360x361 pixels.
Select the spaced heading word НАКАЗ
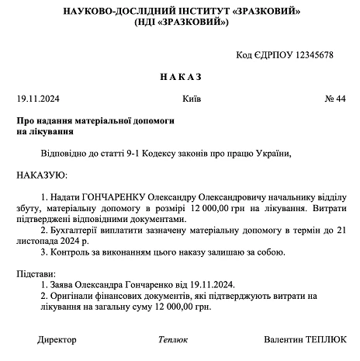tap(180, 78)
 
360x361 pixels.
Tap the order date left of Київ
tap(38, 99)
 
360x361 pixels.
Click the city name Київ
tap(192, 99)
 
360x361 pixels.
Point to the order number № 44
tap(335, 99)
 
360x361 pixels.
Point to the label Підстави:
tap(36, 274)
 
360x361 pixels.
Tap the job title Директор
tap(57, 339)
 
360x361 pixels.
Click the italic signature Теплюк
tap(172, 339)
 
